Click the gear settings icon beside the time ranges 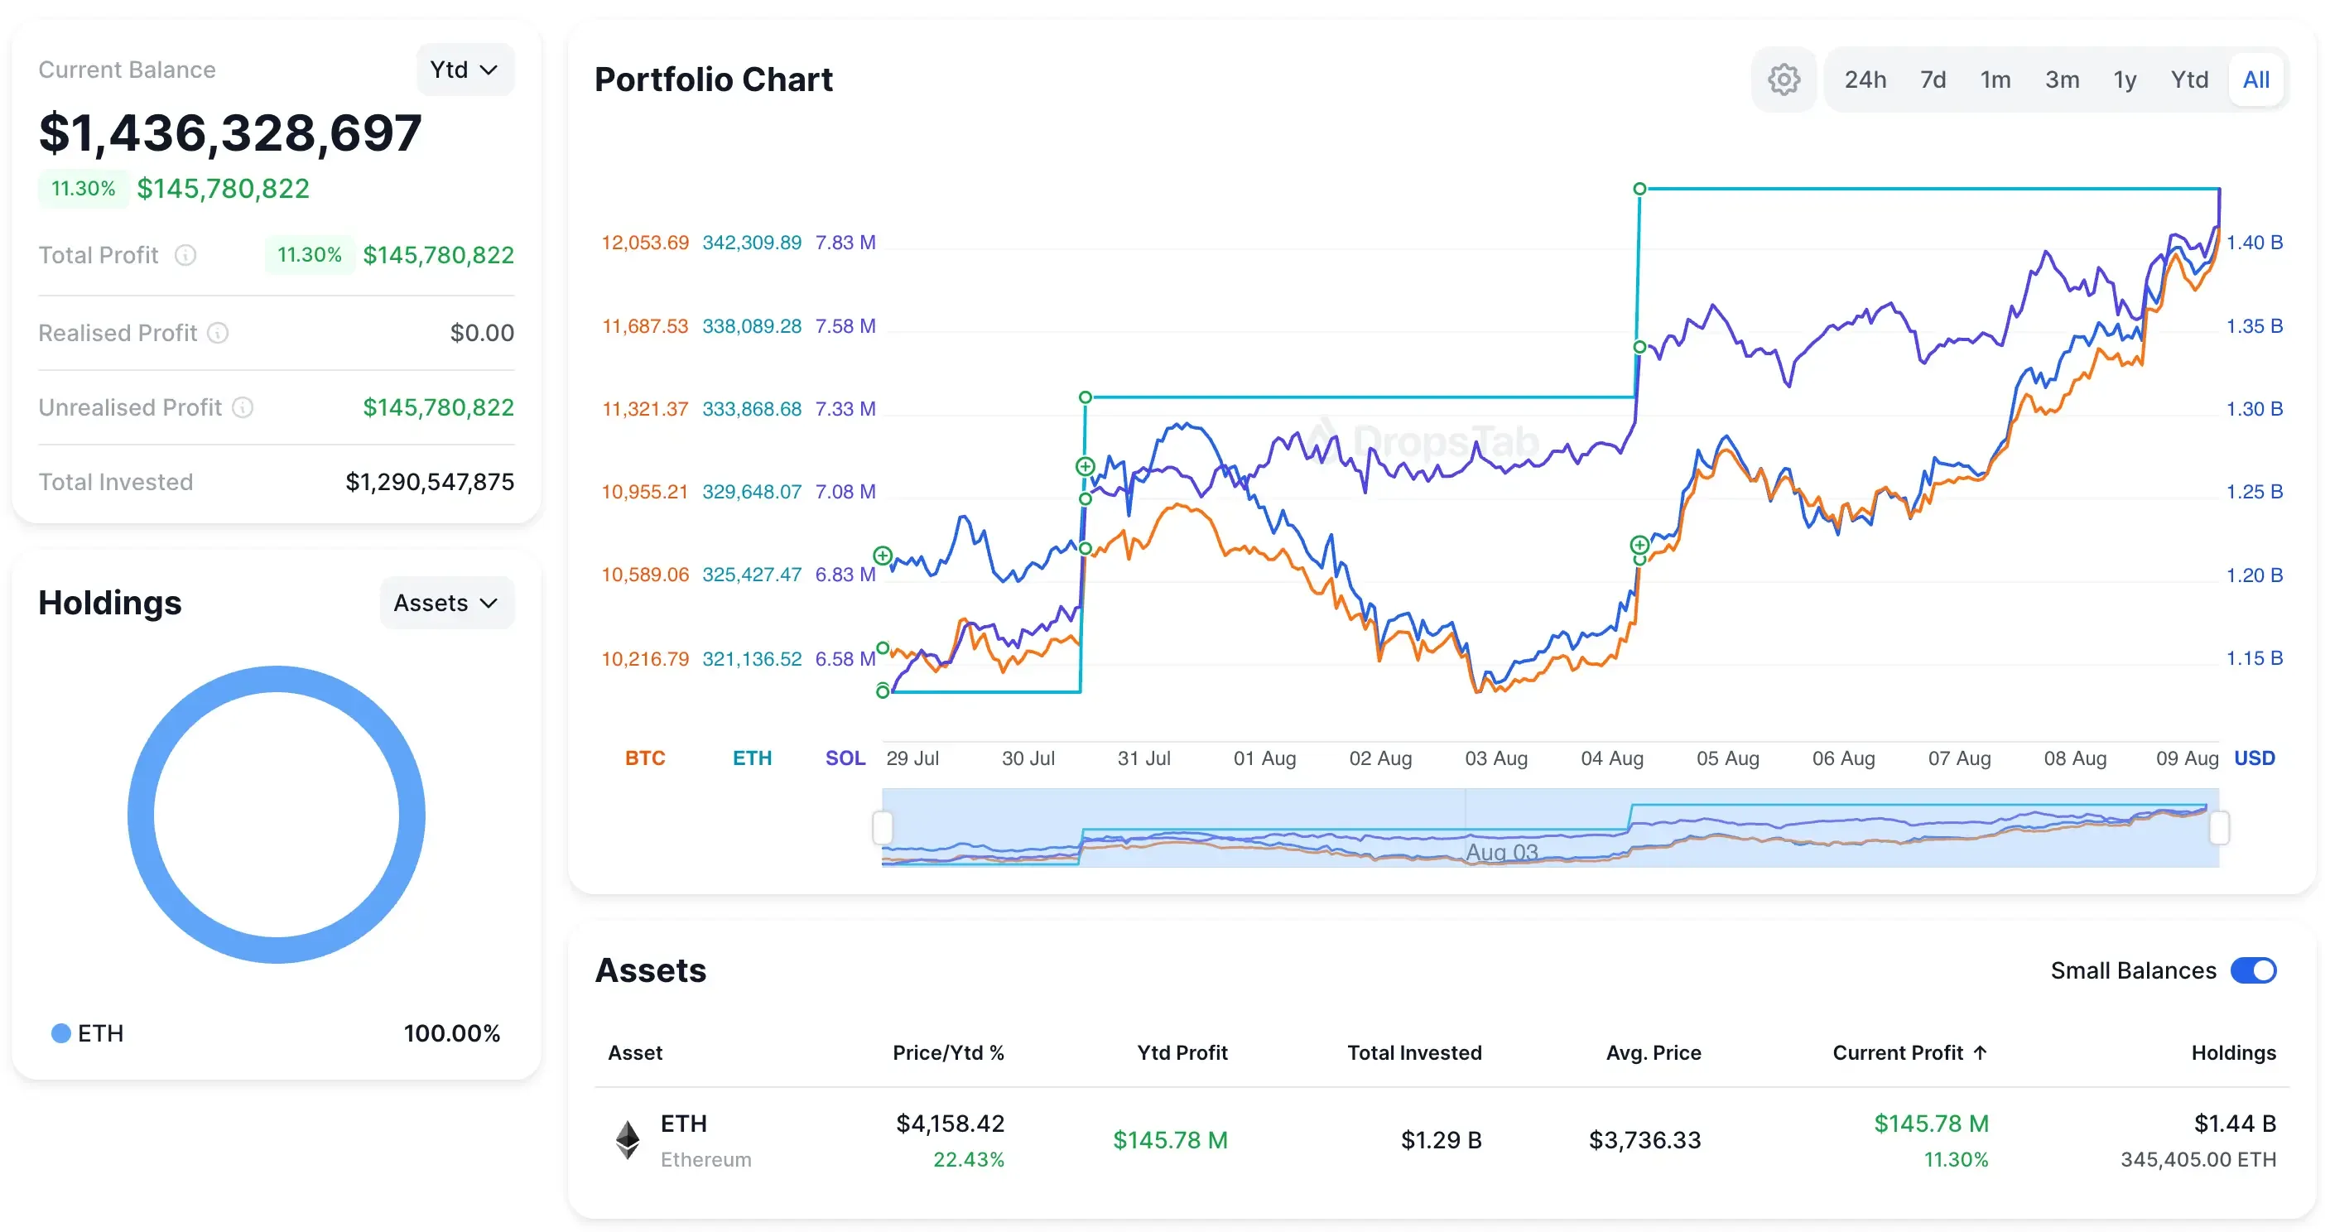pyautogui.click(x=1783, y=79)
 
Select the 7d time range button pyautogui.click(x=1932, y=79)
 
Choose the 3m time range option pyautogui.click(x=2062, y=79)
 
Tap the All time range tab pyautogui.click(x=2255, y=79)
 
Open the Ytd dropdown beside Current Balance pyautogui.click(x=464, y=70)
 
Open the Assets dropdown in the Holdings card pyautogui.click(x=446, y=603)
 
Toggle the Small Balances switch pyautogui.click(x=2252, y=970)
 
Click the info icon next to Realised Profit pyautogui.click(x=218, y=333)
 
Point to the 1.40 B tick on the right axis pyautogui.click(x=2253, y=243)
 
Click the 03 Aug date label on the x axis pyautogui.click(x=1495, y=758)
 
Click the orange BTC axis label pyautogui.click(x=645, y=758)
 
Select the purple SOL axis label pyautogui.click(x=845, y=758)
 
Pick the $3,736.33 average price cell pyautogui.click(x=1644, y=1140)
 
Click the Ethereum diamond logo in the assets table pyautogui.click(x=628, y=1140)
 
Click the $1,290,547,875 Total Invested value pyautogui.click(x=430, y=482)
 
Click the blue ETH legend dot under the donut pyautogui.click(x=60, y=1033)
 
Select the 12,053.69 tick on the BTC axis pyautogui.click(x=645, y=243)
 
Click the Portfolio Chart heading pyautogui.click(x=713, y=79)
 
